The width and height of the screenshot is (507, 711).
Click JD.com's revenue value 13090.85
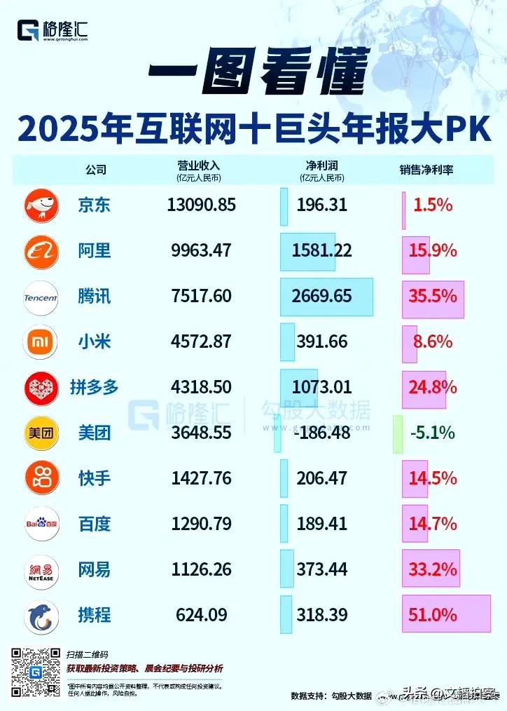pos(202,205)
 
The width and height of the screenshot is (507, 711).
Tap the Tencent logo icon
pos(41,297)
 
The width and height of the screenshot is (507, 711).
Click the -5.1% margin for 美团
pos(432,433)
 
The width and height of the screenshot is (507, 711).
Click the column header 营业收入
pos(199,165)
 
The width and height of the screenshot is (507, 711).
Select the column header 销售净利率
pos(426,169)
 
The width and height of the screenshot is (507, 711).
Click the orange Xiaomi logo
pos(41,343)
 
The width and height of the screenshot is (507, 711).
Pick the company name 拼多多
pos(94,387)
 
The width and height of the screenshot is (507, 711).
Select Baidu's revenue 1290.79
pos(201,524)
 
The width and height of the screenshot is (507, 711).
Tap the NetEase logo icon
pos(41,569)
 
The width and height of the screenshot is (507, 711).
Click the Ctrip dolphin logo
pos(41,616)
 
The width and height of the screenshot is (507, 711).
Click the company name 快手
pos(94,478)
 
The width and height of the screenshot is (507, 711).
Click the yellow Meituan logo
pos(41,433)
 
